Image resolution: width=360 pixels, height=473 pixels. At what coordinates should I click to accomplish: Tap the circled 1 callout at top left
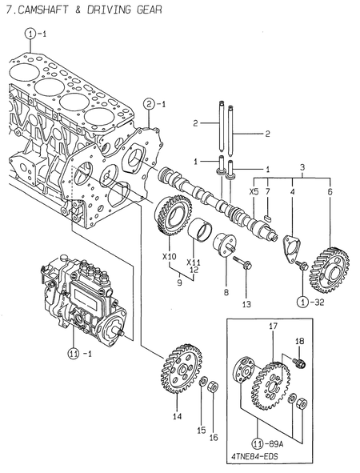tap(30, 34)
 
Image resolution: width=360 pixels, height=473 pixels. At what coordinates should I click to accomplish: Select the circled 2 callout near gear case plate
tap(150, 103)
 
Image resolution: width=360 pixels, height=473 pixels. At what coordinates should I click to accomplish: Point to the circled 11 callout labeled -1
tap(74, 353)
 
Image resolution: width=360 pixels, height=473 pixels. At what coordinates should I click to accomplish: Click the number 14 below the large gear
tap(178, 417)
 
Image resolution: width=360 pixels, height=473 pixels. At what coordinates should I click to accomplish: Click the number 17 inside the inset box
tap(273, 327)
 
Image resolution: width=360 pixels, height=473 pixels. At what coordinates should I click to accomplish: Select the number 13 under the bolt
tap(246, 304)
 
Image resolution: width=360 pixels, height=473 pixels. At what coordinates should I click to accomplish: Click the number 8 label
tap(226, 294)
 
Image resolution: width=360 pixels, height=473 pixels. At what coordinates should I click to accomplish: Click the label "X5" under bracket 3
tap(254, 192)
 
